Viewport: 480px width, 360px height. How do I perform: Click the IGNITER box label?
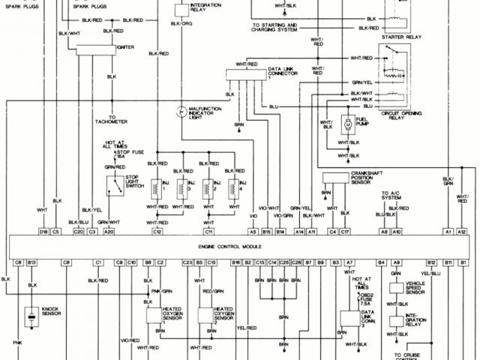pyautogui.click(x=126, y=46)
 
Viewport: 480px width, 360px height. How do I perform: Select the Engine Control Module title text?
pyautogui.click(x=240, y=245)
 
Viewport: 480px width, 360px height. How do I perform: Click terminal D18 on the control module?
pyautogui.click(x=43, y=232)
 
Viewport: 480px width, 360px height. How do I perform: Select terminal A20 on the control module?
pyautogui.click(x=109, y=232)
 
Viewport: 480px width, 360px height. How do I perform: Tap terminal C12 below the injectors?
pyautogui.click(x=157, y=232)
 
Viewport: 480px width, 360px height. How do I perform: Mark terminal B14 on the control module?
pyautogui.click(x=280, y=232)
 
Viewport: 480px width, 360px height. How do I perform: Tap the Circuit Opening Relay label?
pyautogui.click(x=400, y=113)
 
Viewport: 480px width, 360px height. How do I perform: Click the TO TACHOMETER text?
pyautogui.click(x=111, y=121)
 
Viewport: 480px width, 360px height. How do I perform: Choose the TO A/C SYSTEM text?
pyautogui.click(x=390, y=196)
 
